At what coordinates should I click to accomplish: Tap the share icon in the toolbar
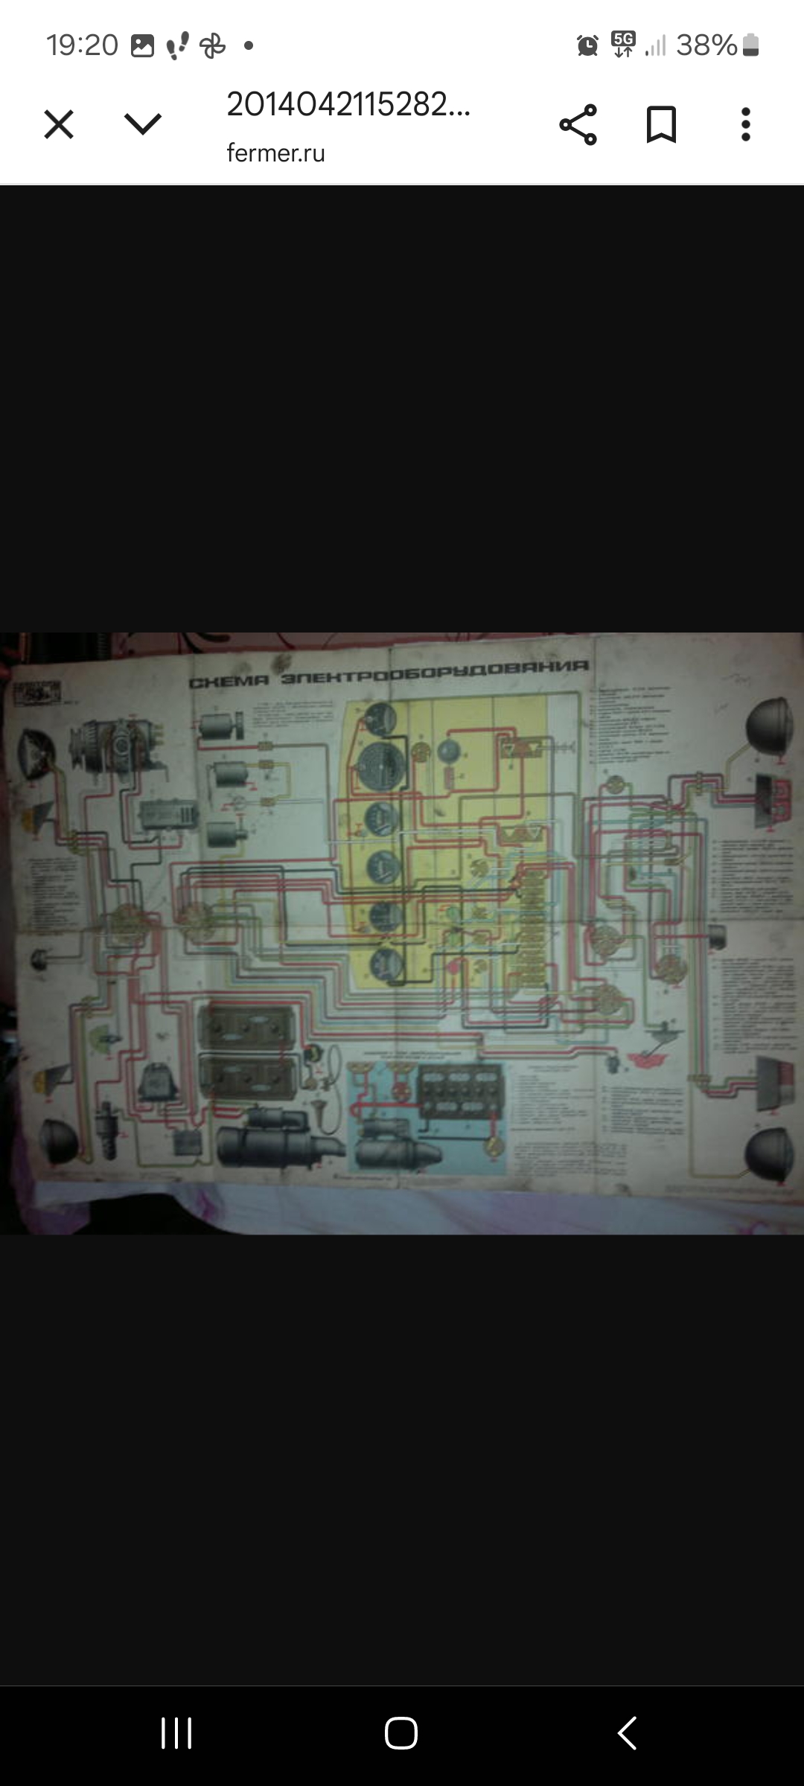(x=578, y=124)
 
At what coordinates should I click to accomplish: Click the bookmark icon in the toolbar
(x=661, y=124)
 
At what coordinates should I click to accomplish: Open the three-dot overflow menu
(x=745, y=124)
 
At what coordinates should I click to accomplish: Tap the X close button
(x=59, y=124)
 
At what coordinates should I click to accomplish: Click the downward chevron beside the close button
(x=143, y=124)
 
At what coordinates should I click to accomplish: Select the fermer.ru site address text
(x=275, y=153)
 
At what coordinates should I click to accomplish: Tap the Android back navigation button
(x=627, y=1733)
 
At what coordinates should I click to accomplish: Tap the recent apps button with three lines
(x=176, y=1733)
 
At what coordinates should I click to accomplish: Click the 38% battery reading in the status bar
(x=706, y=45)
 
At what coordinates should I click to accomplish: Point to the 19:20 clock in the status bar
(x=82, y=45)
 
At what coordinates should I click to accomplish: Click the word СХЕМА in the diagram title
(x=228, y=682)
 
